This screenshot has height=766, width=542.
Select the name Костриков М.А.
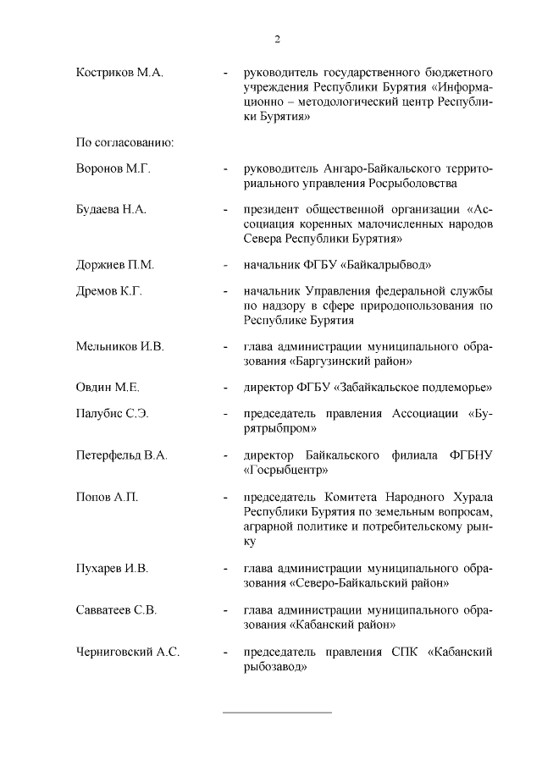[x=119, y=73]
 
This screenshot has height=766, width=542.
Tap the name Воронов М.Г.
[x=113, y=169]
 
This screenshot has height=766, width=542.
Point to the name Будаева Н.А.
[x=112, y=210]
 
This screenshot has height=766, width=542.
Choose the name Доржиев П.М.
[x=115, y=265]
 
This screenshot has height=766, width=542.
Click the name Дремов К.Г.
[x=109, y=292]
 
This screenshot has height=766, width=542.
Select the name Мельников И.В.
[x=120, y=347]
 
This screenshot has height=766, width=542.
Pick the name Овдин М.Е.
[x=108, y=388]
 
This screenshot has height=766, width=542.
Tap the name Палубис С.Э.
[x=113, y=415]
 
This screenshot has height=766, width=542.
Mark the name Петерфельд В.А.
[x=122, y=455]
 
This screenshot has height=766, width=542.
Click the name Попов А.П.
[x=108, y=497]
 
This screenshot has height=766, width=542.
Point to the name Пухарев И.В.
[x=113, y=568]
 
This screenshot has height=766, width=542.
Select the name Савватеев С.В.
[x=117, y=609]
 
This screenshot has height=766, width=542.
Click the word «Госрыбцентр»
[x=285, y=470]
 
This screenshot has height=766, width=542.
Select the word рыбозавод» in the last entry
[x=274, y=666]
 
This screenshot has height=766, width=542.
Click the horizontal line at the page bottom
[x=277, y=713]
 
